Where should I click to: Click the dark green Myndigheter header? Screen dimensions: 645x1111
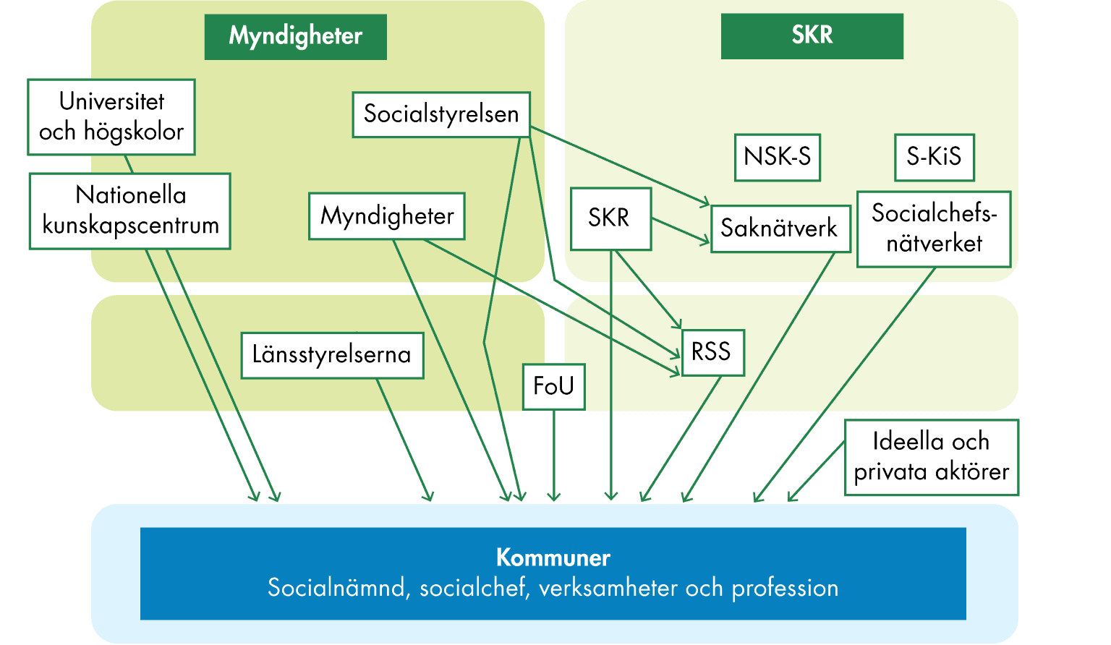tap(295, 37)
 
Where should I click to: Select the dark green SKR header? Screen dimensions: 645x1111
tap(812, 35)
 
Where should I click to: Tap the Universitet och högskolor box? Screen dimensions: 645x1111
tap(111, 116)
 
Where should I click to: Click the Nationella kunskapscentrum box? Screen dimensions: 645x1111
tap(130, 211)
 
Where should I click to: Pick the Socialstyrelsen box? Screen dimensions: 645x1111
tap(441, 114)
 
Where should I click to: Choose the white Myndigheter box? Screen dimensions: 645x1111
tap(387, 216)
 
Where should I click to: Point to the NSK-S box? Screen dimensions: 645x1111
tap(778, 157)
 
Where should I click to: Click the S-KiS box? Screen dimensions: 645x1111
tap(934, 157)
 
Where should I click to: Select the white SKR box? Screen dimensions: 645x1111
tap(610, 218)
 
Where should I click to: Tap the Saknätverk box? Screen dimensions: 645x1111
tap(780, 228)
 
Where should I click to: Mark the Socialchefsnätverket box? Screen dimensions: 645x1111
tap(933, 228)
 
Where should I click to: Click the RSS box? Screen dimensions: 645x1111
tap(712, 352)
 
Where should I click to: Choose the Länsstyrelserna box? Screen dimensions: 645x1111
tap(332, 355)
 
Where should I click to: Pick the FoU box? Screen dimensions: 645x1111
tap(553, 386)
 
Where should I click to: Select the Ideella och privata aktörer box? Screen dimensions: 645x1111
tap(931, 457)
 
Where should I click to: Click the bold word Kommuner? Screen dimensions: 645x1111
tap(553, 558)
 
